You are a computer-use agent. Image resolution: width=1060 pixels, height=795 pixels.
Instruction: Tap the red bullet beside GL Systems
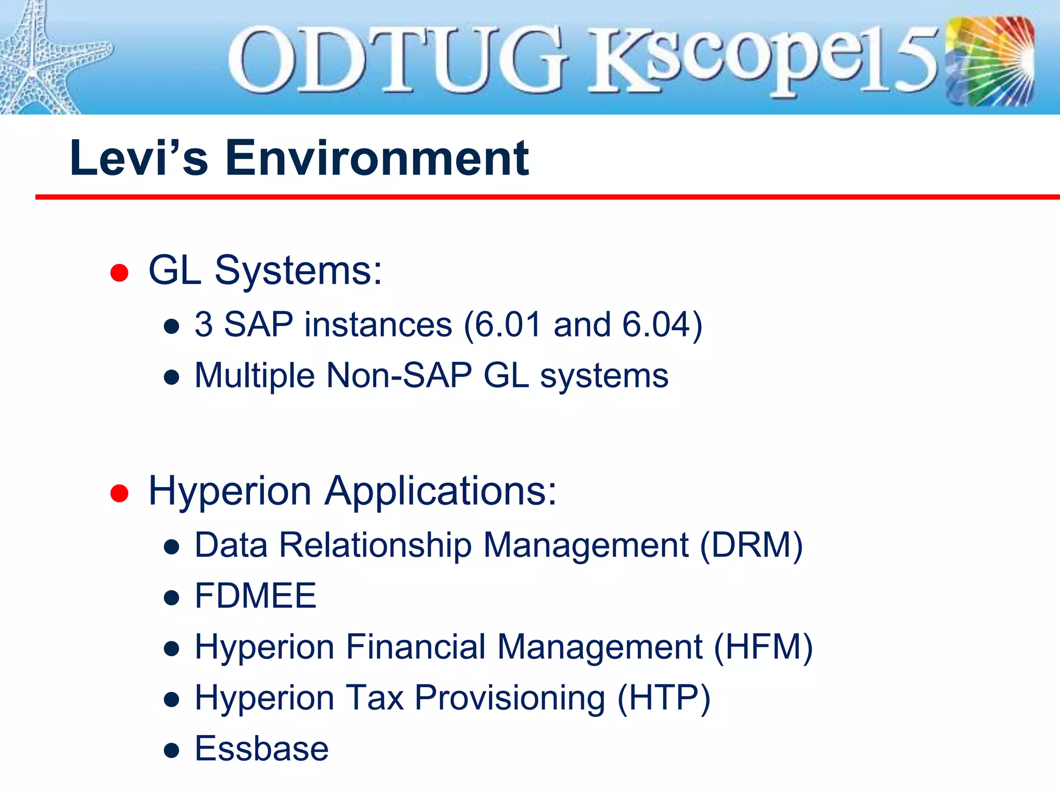(119, 272)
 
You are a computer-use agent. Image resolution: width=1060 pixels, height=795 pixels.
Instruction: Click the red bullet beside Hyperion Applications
(119, 493)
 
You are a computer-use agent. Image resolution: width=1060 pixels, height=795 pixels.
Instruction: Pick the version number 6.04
(656, 325)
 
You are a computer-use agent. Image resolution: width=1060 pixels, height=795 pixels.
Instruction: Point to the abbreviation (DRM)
(751, 546)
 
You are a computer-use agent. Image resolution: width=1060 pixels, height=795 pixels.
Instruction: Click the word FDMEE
(255, 596)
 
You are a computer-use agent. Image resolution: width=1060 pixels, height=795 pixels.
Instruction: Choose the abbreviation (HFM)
(763, 647)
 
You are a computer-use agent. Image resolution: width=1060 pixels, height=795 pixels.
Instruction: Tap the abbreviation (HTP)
(664, 698)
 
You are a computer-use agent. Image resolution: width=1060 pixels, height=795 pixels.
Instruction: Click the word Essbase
(261, 749)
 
